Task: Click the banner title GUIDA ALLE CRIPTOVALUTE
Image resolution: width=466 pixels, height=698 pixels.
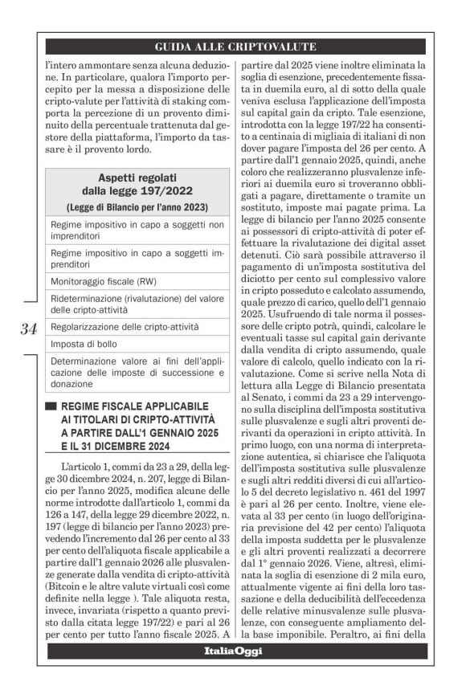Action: pyautogui.click(x=235, y=47)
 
